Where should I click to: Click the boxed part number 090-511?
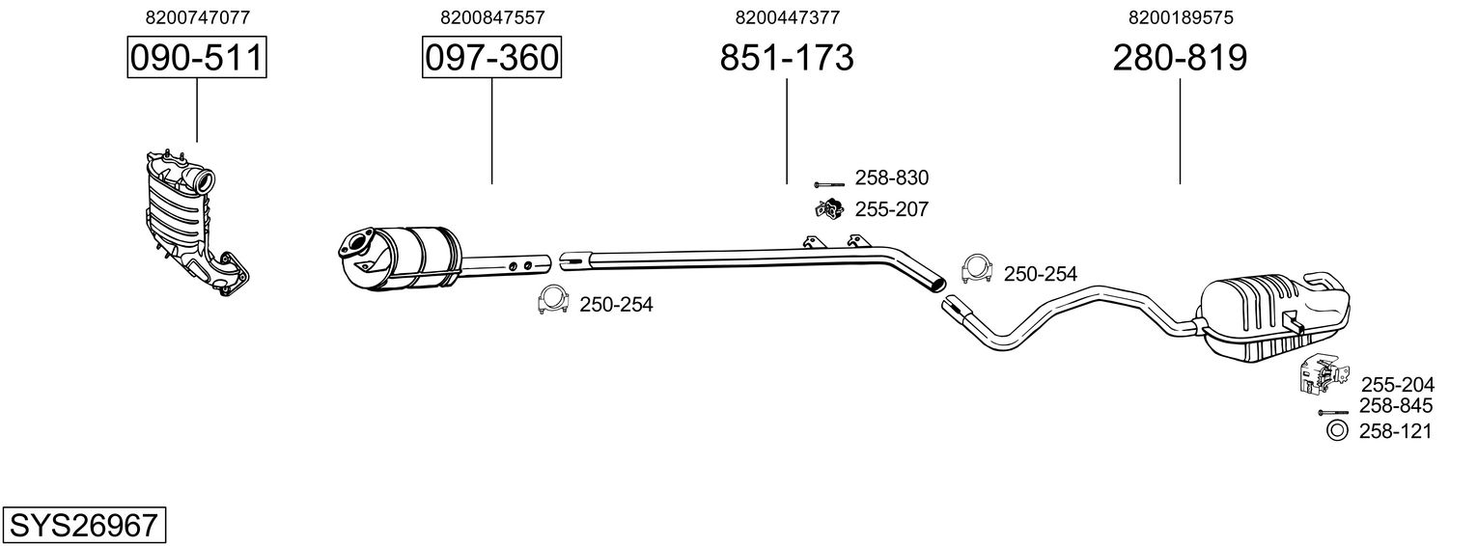(197, 57)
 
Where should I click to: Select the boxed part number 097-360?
(491, 57)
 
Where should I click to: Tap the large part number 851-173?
(787, 57)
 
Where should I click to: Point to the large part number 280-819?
(1180, 57)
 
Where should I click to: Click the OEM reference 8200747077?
(198, 17)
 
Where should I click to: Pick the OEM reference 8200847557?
(492, 17)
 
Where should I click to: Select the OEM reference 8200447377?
(788, 17)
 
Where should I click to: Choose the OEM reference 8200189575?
(1181, 17)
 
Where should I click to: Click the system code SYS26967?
(84, 525)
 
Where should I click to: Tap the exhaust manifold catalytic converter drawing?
(197, 224)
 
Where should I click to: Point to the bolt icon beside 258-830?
(829, 184)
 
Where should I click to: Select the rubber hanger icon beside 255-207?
(829, 208)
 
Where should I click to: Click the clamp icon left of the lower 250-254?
(553, 300)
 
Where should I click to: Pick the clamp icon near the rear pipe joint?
(977, 269)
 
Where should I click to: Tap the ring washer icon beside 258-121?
(1337, 431)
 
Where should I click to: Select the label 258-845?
(1396, 405)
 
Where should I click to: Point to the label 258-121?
(1396, 431)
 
